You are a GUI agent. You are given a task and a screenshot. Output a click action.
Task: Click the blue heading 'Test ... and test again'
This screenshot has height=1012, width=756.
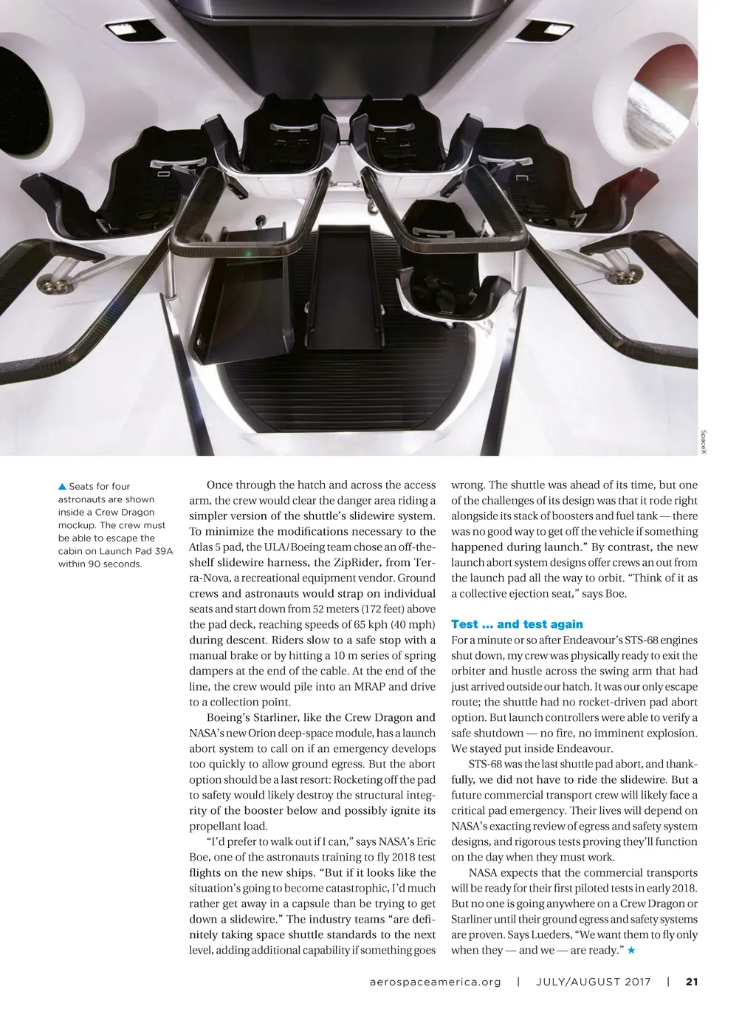(517, 624)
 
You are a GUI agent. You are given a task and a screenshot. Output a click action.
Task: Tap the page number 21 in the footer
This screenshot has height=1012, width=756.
(692, 982)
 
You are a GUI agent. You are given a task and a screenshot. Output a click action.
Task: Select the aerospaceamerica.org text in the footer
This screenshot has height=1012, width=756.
(435, 982)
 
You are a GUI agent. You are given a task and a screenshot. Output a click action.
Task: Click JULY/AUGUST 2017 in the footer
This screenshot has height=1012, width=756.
(594, 982)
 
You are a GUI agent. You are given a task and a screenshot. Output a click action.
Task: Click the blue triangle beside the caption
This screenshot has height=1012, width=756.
(62, 486)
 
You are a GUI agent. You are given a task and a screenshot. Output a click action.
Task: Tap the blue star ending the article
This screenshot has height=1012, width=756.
(631, 950)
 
